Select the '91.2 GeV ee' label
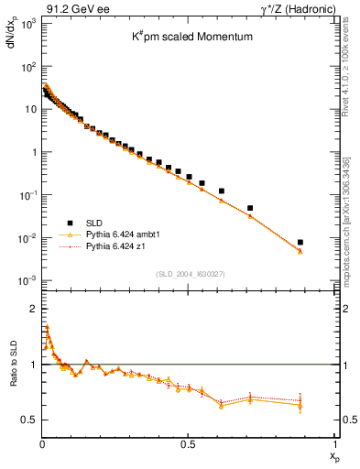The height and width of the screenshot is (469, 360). (69, 8)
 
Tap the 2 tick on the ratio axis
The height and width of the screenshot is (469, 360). (30, 309)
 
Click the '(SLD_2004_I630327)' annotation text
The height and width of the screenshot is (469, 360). (188, 274)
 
